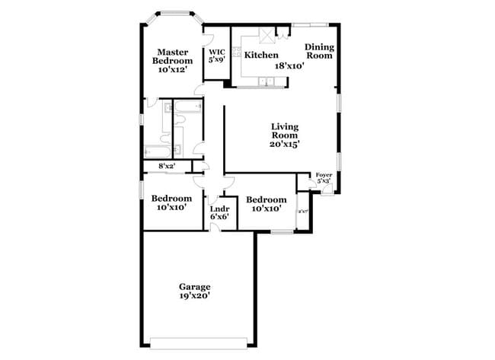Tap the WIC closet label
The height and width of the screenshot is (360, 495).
(x=217, y=52)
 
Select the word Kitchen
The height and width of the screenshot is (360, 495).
(x=260, y=56)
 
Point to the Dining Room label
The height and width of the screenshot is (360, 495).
(x=319, y=51)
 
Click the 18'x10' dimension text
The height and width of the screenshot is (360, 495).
(x=289, y=66)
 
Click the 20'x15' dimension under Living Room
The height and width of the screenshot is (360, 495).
(x=285, y=143)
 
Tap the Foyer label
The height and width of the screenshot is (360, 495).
(x=324, y=174)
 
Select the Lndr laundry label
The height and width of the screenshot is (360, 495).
(x=220, y=209)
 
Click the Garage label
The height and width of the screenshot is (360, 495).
(x=195, y=287)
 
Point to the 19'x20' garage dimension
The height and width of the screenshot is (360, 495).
(x=195, y=296)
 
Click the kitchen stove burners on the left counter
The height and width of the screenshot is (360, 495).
(x=237, y=54)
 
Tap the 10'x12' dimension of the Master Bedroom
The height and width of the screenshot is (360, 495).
(x=173, y=69)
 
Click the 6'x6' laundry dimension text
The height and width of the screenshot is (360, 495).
(x=220, y=217)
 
